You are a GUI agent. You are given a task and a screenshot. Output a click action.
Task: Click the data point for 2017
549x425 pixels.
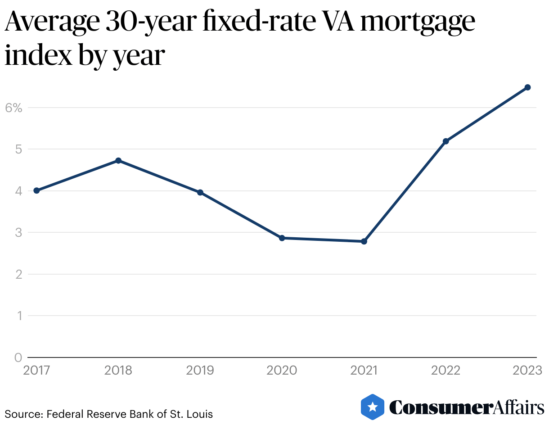[x=36, y=191]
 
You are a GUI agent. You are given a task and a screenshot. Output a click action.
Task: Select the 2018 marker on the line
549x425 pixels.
[x=118, y=161]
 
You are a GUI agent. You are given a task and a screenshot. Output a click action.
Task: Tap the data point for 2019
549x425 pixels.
[x=200, y=193]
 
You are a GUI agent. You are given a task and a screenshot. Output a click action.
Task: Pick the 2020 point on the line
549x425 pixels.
[x=282, y=238]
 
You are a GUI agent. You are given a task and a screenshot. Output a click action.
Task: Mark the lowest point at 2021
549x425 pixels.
[x=364, y=241]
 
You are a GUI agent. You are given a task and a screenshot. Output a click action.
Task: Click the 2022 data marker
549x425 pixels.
[x=446, y=141]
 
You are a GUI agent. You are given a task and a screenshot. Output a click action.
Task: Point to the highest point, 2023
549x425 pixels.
[x=528, y=87]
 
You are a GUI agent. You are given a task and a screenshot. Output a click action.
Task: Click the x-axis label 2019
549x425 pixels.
[x=200, y=371]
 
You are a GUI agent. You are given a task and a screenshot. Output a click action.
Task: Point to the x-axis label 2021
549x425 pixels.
[x=364, y=371]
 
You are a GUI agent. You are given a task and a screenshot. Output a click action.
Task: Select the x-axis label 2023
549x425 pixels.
[x=527, y=371]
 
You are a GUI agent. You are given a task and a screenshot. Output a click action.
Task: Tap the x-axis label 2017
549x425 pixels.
[x=37, y=371]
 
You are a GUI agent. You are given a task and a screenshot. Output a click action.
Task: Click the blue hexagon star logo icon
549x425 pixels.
[x=373, y=407]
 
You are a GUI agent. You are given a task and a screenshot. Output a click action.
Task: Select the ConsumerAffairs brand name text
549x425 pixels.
[x=466, y=407]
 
